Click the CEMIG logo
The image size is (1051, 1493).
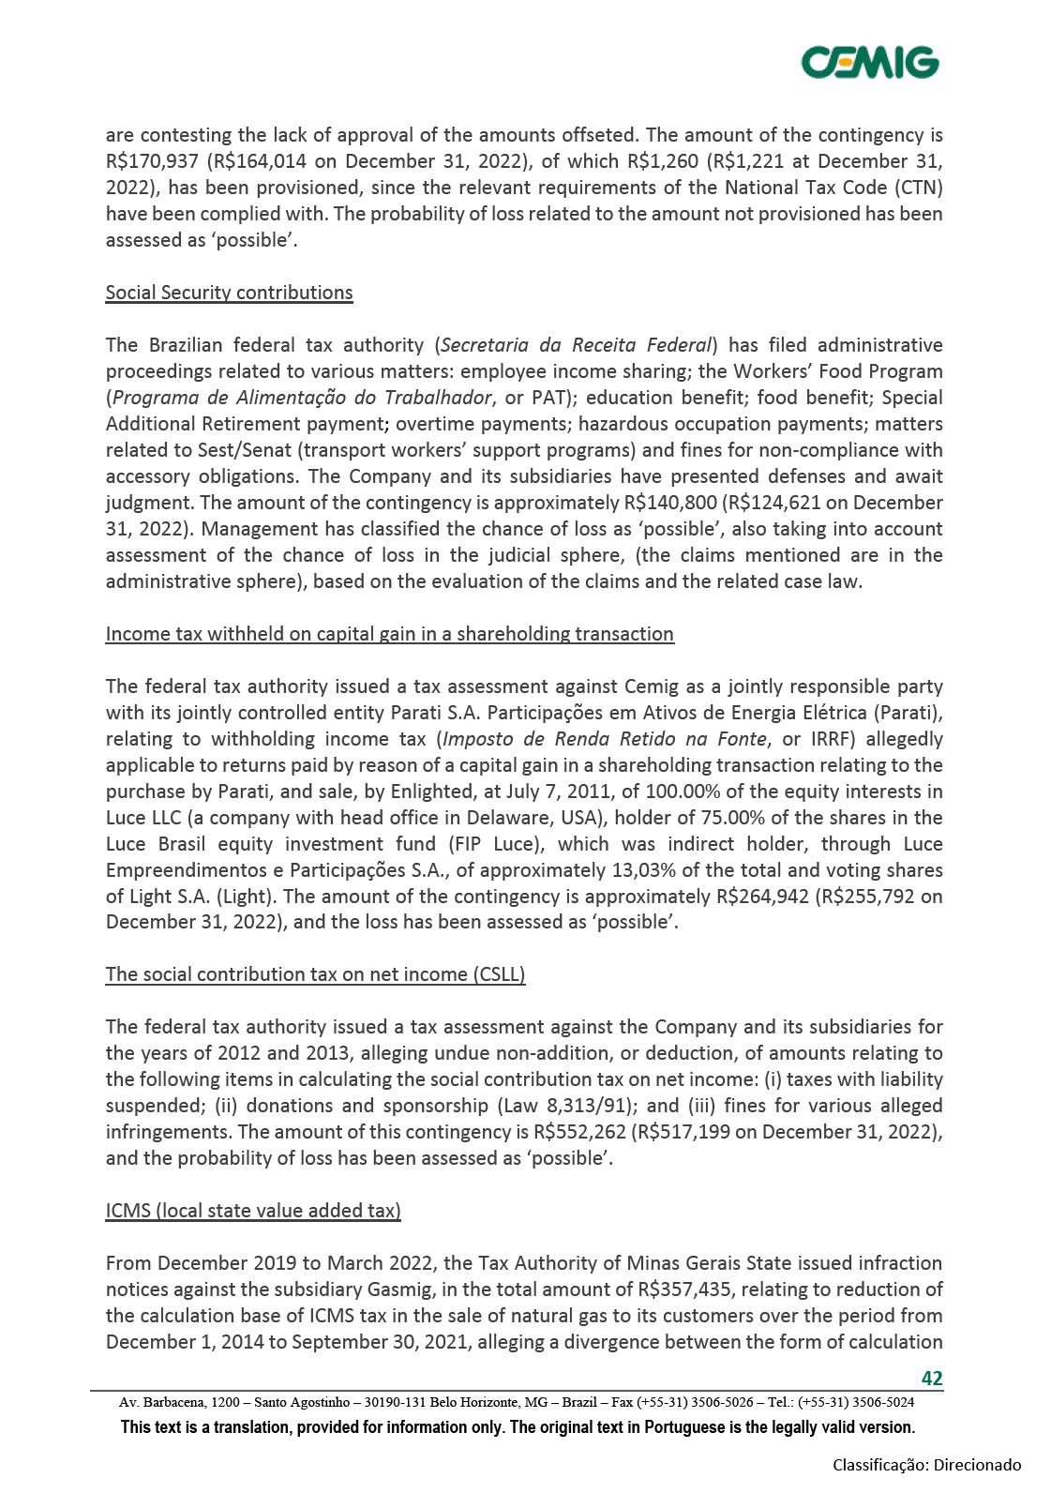click(869, 62)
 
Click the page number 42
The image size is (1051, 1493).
click(931, 1378)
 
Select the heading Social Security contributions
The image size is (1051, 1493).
click(229, 293)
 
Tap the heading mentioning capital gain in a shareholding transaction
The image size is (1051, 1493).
click(389, 634)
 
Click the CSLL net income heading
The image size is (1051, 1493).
click(315, 974)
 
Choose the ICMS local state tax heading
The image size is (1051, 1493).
click(253, 1211)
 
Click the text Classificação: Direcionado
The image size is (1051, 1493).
click(927, 1465)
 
